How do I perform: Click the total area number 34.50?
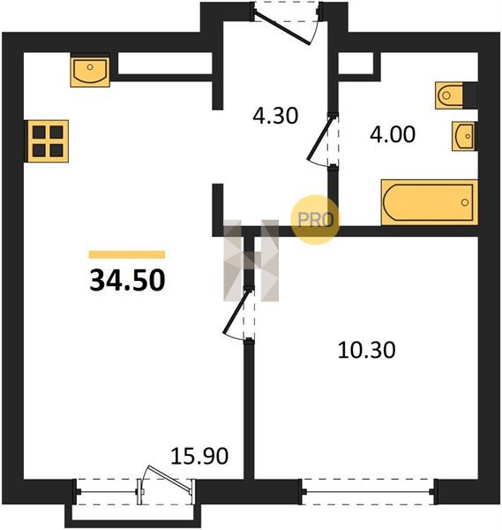click(x=127, y=280)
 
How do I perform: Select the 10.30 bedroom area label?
click(x=366, y=350)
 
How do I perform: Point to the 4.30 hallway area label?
click(x=275, y=115)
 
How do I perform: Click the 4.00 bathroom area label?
click(x=393, y=134)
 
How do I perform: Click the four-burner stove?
click(x=48, y=141)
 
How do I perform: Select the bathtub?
click(x=430, y=202)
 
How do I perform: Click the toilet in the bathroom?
click(x=449, y=95)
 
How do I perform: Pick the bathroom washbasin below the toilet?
click(x=463, y=136)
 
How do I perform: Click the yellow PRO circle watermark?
click(x=315, y=220)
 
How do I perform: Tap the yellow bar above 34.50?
click(x=127, y=254)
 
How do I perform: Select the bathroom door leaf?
click(x=320, y=137)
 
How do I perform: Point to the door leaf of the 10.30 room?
click(x=236, y=311)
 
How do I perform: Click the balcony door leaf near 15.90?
click(x=168, y=479)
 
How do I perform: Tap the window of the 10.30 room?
click(x=368, y=492)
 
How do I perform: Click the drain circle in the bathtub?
click(x=465, y=202)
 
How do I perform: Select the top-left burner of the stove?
click(x=39, y=132)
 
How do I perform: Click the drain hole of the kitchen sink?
click(x=90, y=67)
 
